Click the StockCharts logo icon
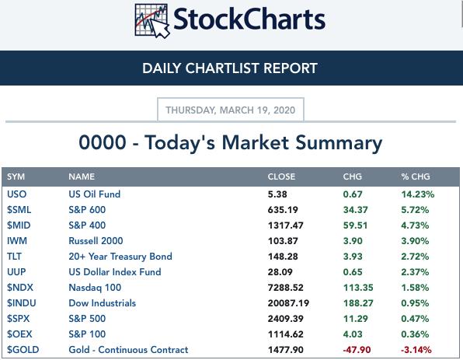[x=152, y=21]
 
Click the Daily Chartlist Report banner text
[x=230, y=68]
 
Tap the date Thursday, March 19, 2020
[x=230, y=110]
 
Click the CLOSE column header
[x=281, y=177]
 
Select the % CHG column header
[x=416, y=177]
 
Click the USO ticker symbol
[x=17, y=194]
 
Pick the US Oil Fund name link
[x=95, y=194]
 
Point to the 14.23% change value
[x=418, y=194]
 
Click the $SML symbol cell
[x=19, y=210]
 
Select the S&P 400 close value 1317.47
[x=286, y=225]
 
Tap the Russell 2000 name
[x=96, y=240]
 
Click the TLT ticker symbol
[x=14, y=257]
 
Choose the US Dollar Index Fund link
[x=115, y=271]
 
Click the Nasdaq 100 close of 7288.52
[x=286, y=287]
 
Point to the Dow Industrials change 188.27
[x=358, y=303]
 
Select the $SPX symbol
[x=19, y=318]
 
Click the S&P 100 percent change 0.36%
[x=415, y=334]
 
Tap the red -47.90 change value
[x=357, y=350]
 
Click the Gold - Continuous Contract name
[x=128, y=350]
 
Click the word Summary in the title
[x=339, y=144]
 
